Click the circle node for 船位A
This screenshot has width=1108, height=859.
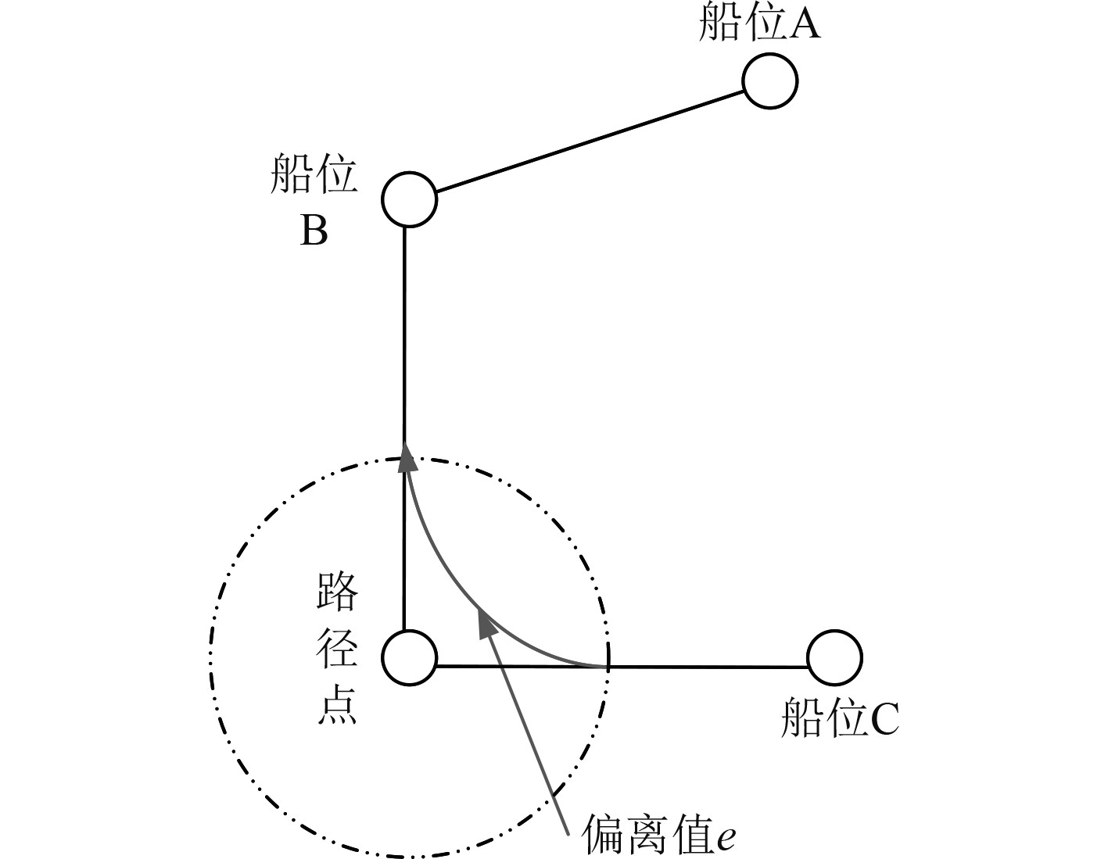tap(769, 81)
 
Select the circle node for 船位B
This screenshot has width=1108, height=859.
tap(409, 199)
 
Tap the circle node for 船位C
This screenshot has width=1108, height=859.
tap(834, 657)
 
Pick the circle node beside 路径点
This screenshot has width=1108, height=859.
tap(409, 657)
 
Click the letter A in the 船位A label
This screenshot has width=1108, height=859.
tap(805, 25)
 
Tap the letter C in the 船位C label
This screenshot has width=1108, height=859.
tap(884, 720)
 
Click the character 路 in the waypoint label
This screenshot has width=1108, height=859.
tap(338, 592)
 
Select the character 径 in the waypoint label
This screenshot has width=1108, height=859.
tap(338, 648)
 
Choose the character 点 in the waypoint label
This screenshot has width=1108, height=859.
tap(338, 706)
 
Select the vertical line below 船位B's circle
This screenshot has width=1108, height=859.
tap(404, 336)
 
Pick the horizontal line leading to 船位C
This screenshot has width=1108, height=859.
tap(704, 667)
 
